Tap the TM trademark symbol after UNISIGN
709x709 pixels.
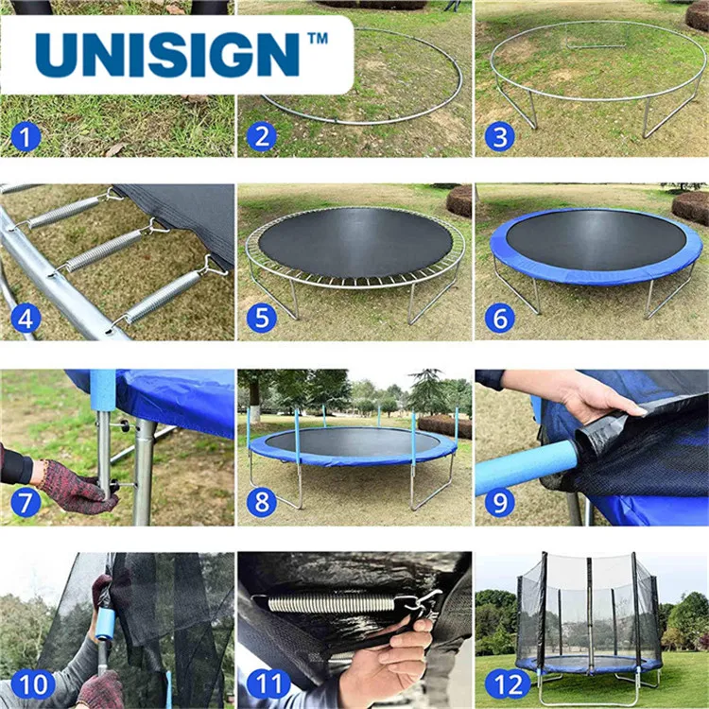pyautogui.click(x=318, y=40)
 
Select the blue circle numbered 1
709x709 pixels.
pyautogui.click(x=26, y=137)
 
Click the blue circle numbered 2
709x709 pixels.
pyautogui.click(x=261, y=137)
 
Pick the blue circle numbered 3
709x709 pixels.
pyautogui.click(x=499, y=137)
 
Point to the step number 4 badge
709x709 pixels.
pyautogui.click(x=26, y=319)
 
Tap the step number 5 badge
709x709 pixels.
pyautogui.click(x=261, y=319)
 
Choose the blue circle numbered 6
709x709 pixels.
pyautogui.click(x=499, y=319)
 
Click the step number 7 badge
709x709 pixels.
pyautogui.click(x=26, y=502)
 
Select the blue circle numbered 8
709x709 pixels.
pyautogui.click(x=261, y=502)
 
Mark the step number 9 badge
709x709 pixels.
pyautogui.click(x=499, y=502)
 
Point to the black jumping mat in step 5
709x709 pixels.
pyautogui.click(x=355, y=243)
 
